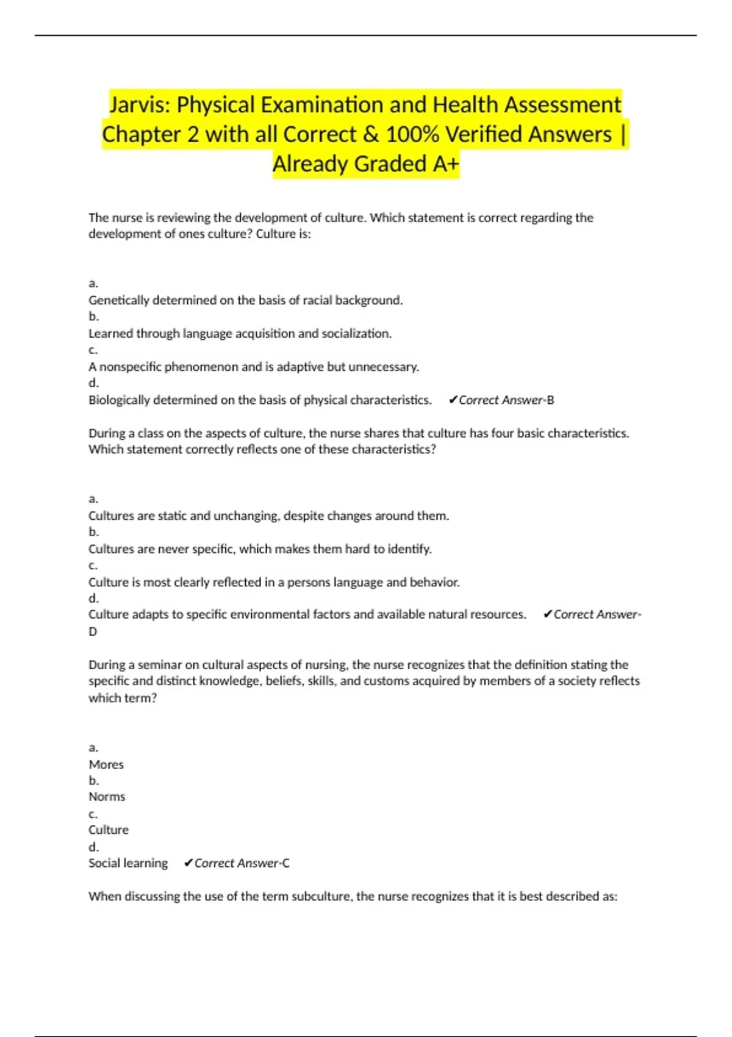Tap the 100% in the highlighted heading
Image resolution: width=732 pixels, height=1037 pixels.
[x=412, y=134]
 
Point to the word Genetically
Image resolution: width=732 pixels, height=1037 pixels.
[x=118, y=300]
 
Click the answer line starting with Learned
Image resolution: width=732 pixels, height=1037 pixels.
[x=240, y=334]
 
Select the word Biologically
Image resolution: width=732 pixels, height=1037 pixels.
[x=119, y=400]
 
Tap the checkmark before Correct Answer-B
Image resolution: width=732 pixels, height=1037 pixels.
[x=453, y=400]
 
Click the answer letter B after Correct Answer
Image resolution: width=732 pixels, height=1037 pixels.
[x=551, y=400]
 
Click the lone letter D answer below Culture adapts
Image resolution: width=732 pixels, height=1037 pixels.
[x=93, y=632]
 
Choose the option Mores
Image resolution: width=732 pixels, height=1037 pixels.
[x=106, y=764]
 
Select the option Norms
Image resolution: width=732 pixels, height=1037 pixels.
[x=107, y=797]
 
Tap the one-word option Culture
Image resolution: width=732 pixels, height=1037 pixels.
[x=109, y=830]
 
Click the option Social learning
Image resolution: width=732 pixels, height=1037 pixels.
[x=128, y=863]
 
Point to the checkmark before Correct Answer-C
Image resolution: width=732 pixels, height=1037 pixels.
[x=188, y=863]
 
